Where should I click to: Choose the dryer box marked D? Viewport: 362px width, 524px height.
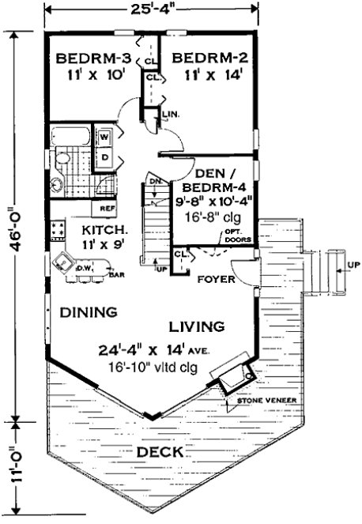104,156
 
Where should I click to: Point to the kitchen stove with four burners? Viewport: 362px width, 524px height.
57,230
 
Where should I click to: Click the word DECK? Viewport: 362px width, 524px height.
159,453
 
